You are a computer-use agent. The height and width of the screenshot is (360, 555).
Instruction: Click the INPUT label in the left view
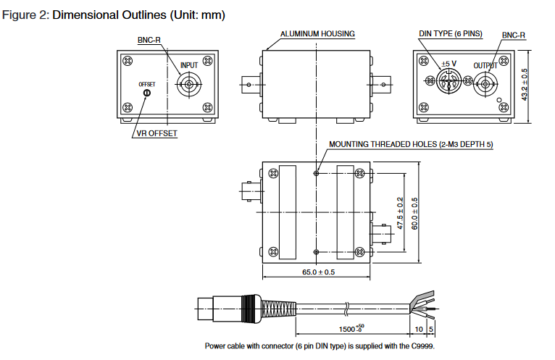coord(188,65)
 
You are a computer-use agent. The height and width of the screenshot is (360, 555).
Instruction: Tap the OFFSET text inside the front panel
coord(147,84)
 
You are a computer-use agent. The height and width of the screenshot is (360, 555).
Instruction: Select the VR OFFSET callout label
coord(157,133)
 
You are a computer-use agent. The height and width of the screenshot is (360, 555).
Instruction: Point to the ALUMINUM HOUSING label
coord(317,34)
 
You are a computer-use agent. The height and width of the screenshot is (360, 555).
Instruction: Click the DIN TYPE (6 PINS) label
coord(449,34)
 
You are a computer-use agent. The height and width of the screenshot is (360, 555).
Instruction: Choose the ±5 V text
coord(449,63)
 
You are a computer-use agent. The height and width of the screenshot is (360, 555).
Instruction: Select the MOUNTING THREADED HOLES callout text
coord(411,144)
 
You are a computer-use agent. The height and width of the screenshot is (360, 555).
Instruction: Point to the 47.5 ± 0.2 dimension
coord(401,212)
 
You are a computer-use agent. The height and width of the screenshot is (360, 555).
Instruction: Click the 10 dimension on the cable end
coord(420,329)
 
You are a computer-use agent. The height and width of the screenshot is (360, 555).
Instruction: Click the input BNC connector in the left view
coord(190,85)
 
